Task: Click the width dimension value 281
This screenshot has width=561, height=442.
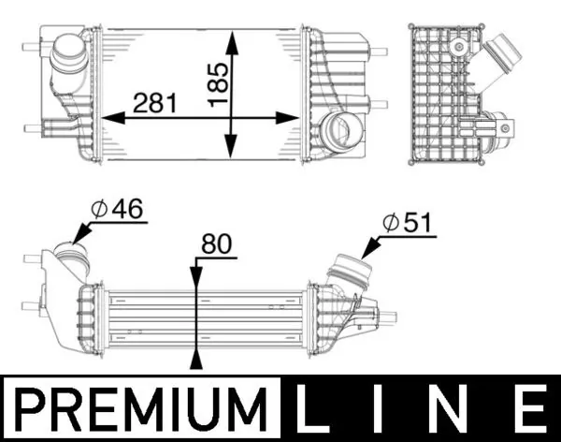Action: click(155, 102)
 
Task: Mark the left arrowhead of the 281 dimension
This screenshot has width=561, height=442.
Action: click(105, 118)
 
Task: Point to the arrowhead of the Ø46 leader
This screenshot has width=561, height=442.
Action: click(79, 238)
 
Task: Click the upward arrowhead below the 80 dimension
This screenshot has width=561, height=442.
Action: click(195, 361)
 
